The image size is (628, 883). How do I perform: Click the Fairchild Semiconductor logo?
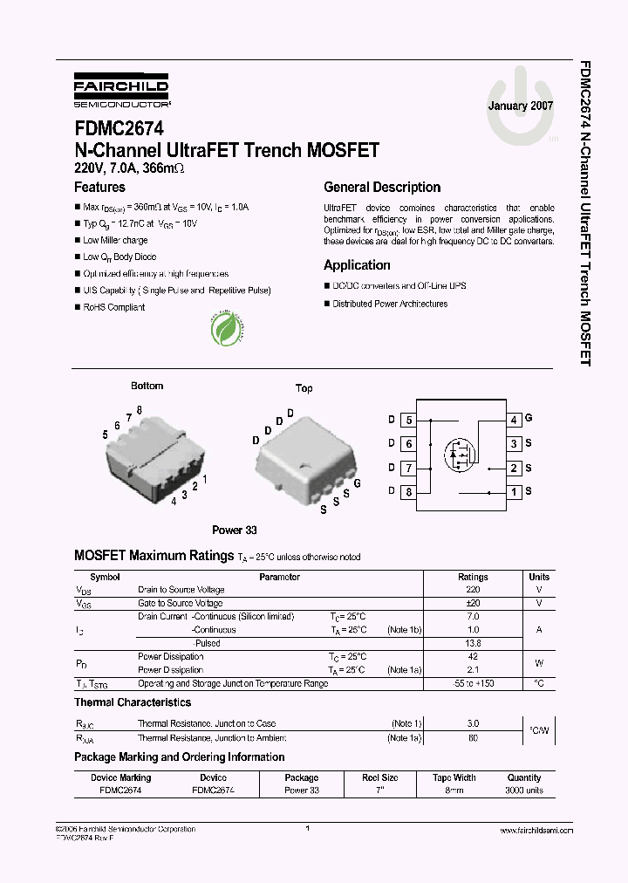pyautogui.click(x=121, y=90)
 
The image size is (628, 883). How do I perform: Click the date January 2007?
pyautogui.click(x=521, y=106)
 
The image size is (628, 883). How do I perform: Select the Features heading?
pyautogui.click(x=99, y=187)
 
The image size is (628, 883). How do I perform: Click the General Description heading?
pyautogui.click(x=382, y=187)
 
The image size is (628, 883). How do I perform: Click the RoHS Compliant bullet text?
pyautogui.click(x=114, y=307)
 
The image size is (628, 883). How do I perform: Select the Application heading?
pyautogui.click(x=357, y=265)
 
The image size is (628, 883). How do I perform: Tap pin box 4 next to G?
pyautogui.click(x=514, y=420)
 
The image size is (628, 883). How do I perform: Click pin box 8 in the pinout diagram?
pyautogui.click(x=408, y=492)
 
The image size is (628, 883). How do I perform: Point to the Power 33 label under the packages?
pyautogui.click(x=235, y=530)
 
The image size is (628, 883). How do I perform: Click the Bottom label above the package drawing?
pyautogui.click(x=147, y=386)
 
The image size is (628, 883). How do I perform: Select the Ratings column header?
pyautogui.click(x=473, y=577)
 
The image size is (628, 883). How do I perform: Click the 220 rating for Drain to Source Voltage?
pyautogui.click(x=473, y=590)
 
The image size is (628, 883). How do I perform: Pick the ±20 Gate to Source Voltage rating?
pyautogui.click(x=473, y=603)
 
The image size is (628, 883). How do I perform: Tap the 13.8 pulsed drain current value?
pyautogui.click(x=473, y=643)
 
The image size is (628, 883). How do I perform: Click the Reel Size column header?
pyautogui.click(x=380, y=777)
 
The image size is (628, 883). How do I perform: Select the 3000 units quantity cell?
pyautogui.click(x=524, y=790)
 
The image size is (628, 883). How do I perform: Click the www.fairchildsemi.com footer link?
pyautogui.click(x=536, y=831)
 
